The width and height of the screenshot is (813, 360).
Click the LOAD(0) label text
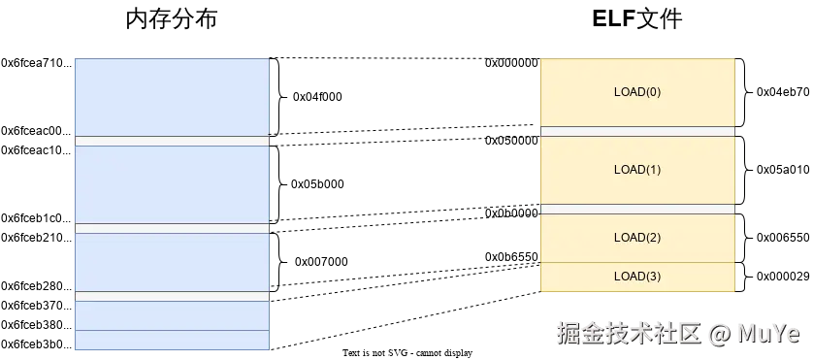(637, 92)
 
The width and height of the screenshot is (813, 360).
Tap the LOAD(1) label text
(637, 170)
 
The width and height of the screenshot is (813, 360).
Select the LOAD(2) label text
(637, 238)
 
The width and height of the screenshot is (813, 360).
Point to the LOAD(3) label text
(637, 277)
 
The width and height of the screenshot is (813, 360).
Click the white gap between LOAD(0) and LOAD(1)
(637, 131)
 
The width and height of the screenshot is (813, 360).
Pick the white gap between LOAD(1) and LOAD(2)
(637, 209)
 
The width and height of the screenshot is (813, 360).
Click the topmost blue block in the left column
(171, 97)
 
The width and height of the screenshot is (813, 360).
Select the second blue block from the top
(171, 184)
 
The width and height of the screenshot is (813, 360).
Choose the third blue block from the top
(171, 262)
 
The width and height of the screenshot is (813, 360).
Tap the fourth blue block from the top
(171, 315)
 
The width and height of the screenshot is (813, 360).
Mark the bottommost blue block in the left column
(171, 340)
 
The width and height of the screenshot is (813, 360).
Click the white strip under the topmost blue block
(171, 141)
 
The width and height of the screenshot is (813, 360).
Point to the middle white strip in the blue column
(171, 229)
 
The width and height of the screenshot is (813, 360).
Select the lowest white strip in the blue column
(171, 296)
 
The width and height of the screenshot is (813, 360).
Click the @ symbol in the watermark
(718, 334)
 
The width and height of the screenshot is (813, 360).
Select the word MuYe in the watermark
(767, 334)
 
